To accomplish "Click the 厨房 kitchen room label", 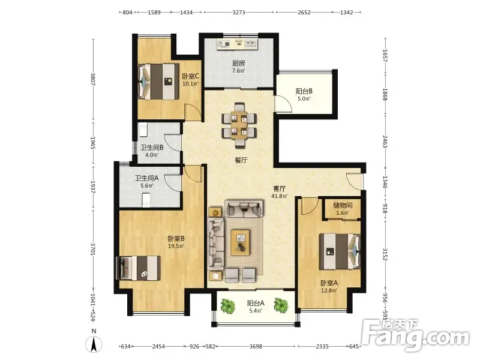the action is (238, 64).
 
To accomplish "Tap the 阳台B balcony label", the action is (304, 91).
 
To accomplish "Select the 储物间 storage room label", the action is (343, 205).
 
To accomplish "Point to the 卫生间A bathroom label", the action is (147, 178).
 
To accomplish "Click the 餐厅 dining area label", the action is (241, 160).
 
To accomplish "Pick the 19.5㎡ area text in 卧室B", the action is (176, 246).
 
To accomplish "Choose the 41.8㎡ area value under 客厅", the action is (279, 196).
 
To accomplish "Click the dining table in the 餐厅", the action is (239, 125).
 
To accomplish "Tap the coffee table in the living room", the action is (241, 242).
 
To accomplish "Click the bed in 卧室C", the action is (158, 82).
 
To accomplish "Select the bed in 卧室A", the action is (340, 251).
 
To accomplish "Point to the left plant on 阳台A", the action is (228, 306).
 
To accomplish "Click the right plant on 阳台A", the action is (281, 305).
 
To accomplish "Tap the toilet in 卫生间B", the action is (143, 130).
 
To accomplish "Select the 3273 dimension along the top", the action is (239, 13).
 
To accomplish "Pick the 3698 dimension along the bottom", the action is (256, 347).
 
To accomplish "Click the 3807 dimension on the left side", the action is (94, 79).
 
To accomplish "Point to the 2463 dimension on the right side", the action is (385, 142).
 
